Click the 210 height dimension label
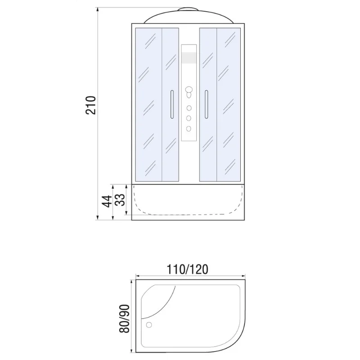91,105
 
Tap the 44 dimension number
106,201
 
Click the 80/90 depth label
125,319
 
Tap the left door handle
171,104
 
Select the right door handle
207,104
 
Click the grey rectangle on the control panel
189,58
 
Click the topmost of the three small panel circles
189,108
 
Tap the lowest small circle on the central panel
189,128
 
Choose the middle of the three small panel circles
189,118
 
